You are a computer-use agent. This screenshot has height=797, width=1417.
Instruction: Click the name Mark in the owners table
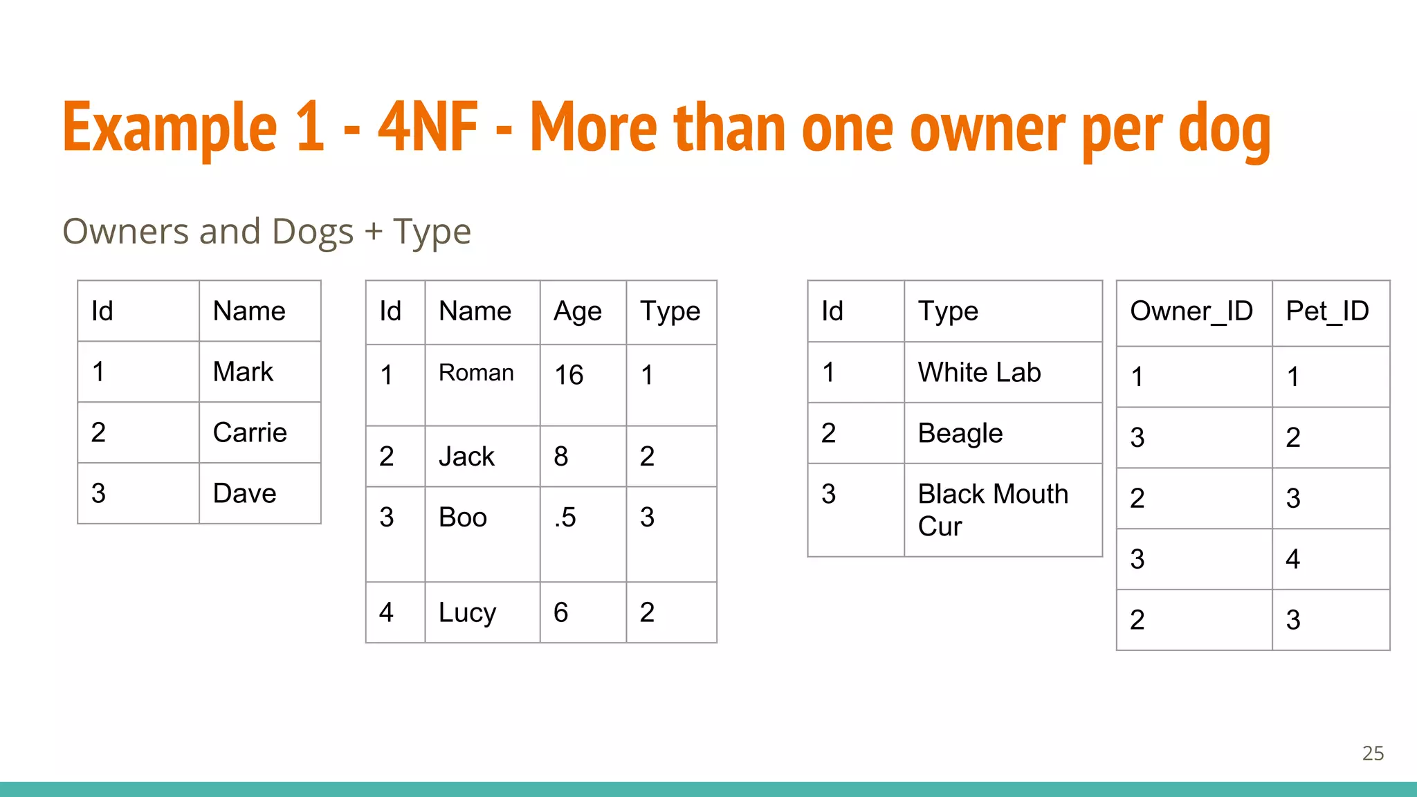[x=243, y=372]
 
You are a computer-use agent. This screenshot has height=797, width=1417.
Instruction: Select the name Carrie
[x=250, y=433]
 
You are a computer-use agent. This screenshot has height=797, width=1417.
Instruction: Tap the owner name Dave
[x=244, y=494]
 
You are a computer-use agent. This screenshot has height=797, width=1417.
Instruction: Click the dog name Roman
[x=476, y=373]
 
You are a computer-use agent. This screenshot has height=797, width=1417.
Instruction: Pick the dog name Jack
[x=466, y=457]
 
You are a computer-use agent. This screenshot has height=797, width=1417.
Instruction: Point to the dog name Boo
[x=463, y=517]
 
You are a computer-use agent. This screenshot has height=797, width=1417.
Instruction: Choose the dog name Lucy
[x=467, y=613]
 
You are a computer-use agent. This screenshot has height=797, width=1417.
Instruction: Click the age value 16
[x=569, y=375]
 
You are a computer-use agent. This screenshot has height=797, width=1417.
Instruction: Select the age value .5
[x=565, y=517]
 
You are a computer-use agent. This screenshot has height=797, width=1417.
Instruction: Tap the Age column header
[x=578, y=312]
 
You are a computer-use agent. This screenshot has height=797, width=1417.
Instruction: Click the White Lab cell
[x=979, y=373]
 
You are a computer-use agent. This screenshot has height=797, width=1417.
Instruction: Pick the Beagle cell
[x=960, y=434]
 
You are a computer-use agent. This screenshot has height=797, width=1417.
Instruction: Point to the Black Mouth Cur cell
[x=993, y=510]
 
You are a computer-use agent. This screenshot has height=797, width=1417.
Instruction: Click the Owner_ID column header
[x=1191, y=312]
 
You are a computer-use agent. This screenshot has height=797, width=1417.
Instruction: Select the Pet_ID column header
[x=1327, y=312]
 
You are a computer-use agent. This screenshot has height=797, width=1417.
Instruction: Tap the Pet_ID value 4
[x=1292, y=559]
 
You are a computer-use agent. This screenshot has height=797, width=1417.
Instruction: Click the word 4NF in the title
[x=428, y=127]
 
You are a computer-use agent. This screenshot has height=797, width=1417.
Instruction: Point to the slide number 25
[x=1373, y=753]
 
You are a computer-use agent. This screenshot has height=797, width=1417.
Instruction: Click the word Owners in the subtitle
[x=125, y=232]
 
